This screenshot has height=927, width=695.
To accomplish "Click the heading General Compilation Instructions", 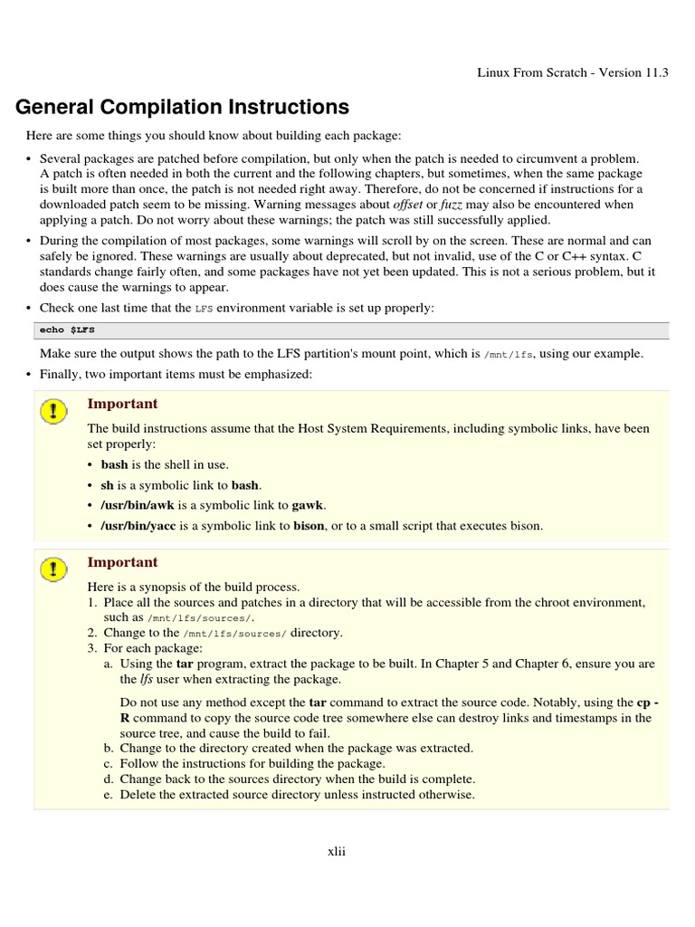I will coord(183,108).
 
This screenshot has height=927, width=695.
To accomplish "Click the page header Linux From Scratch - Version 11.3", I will coord(572,72).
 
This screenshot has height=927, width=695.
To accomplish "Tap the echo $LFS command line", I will coord(64,330).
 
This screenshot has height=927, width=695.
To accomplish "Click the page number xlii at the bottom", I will coord(336,851).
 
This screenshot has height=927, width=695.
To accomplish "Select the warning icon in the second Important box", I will coord(54,569).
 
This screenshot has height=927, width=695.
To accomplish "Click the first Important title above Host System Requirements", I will coord(122,404).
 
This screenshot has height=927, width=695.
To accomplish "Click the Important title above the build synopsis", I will coord(122,562).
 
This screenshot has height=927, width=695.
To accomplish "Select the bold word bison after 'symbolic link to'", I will coord(308,525).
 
